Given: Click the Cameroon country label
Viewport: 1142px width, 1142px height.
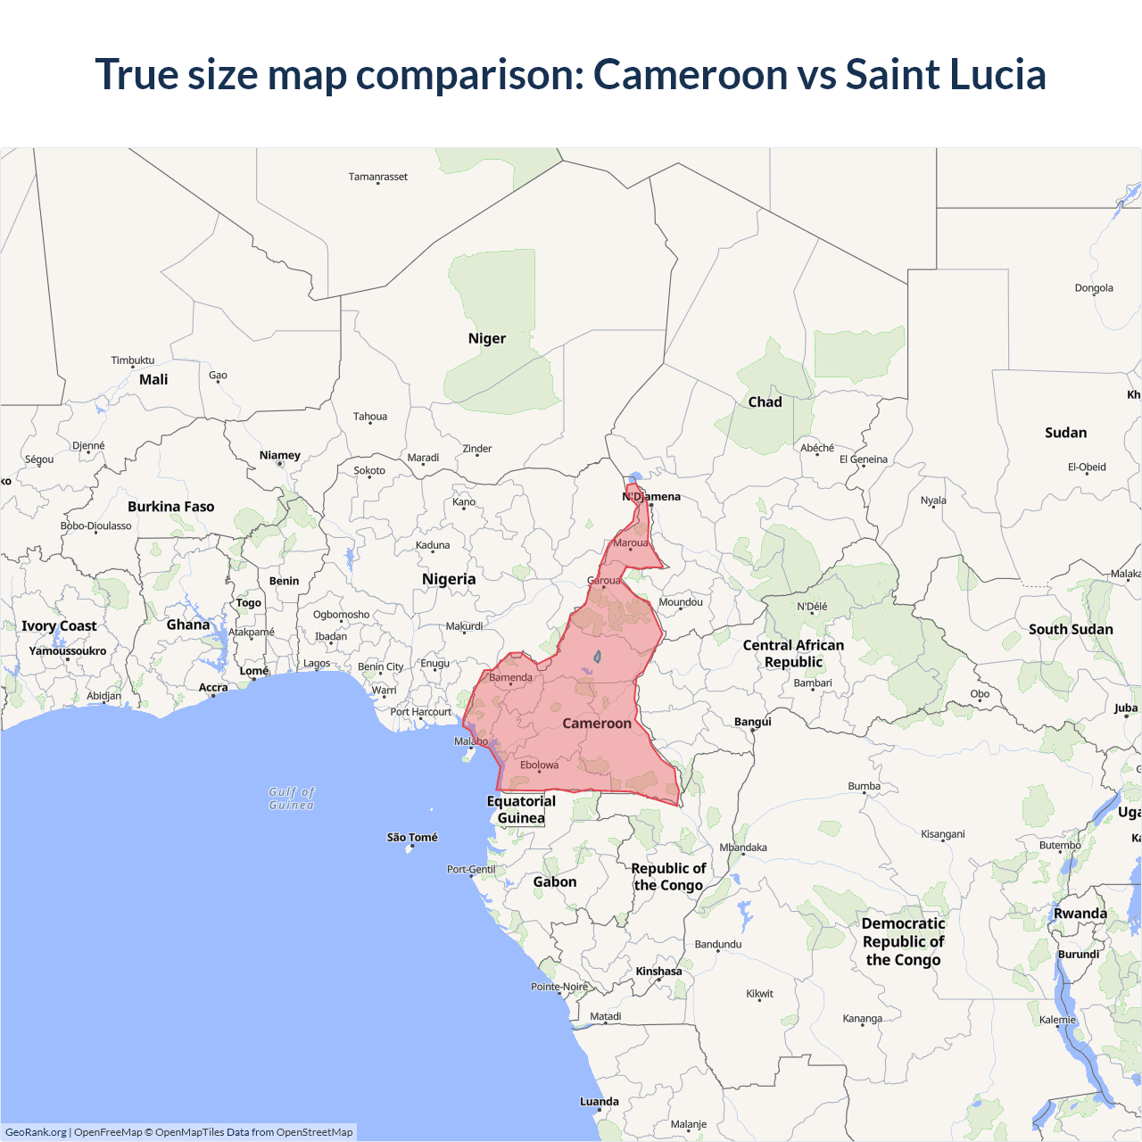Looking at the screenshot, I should (597, 724).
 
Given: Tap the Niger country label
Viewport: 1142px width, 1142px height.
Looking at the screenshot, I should (487, 339).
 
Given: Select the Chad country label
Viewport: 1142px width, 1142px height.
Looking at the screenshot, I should (765, 402).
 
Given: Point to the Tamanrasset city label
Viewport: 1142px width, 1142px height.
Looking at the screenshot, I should (378, 177).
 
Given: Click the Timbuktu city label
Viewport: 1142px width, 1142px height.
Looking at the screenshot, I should (133, 360).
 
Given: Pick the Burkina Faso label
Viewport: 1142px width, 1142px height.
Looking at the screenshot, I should (171, 507).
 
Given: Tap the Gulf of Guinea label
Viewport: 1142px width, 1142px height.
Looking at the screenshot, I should (292, 799).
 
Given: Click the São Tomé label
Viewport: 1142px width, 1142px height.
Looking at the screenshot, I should (412, 838).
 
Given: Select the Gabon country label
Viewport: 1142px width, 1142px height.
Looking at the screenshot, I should (555, 882).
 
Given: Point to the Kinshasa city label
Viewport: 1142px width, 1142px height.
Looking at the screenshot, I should (658, 972).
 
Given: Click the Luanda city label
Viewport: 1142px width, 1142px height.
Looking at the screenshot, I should (600, 1102).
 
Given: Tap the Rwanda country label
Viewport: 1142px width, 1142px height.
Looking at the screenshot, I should (1080, 914).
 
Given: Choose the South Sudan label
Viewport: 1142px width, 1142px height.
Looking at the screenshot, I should (1071, 630).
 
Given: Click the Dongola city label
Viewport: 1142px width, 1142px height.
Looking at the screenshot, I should (1094, 288).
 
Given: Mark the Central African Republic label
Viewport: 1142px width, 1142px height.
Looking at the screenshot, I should (793, 654).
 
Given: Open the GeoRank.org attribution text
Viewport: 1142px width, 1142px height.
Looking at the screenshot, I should (36, 1132).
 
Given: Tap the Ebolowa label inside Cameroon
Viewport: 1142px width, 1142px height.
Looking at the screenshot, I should (540, 765).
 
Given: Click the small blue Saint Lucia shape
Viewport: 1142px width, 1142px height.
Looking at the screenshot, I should (597, 657).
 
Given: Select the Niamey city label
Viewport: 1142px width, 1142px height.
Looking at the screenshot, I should (280, 456).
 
